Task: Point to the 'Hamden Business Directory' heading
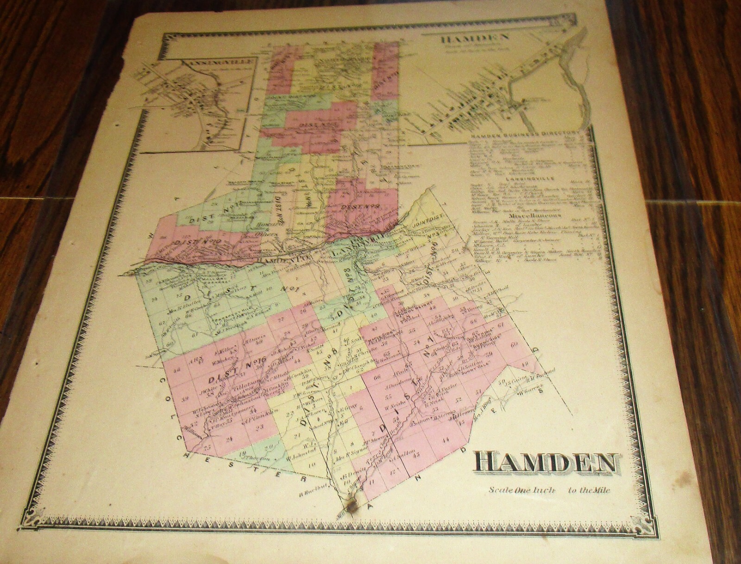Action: (x=516, y=138)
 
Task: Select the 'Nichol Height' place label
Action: (x=408, y=313)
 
